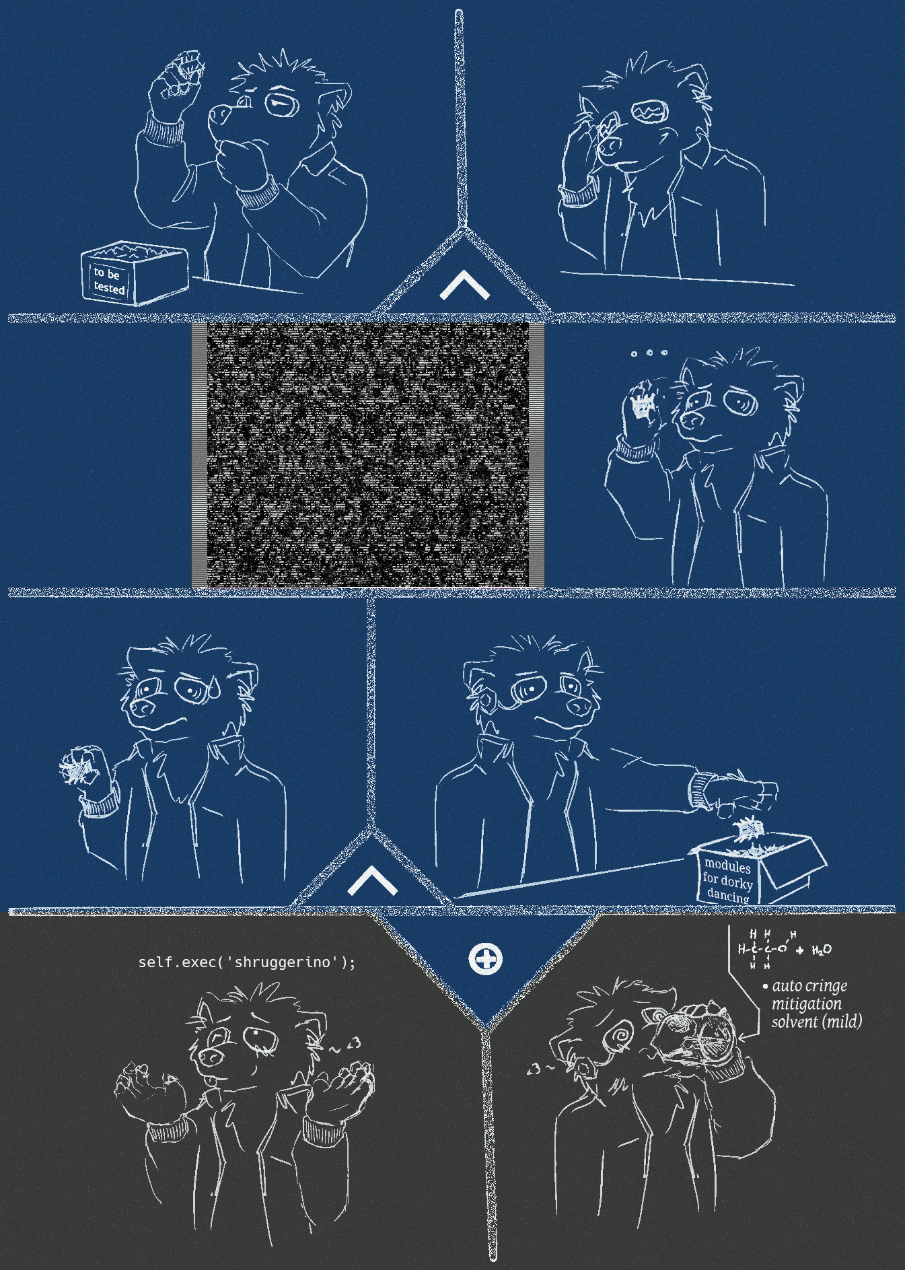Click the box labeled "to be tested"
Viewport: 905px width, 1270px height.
point(134,273)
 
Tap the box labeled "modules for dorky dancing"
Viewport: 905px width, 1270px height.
point(757,868)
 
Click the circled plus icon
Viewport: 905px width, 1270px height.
point(485,958)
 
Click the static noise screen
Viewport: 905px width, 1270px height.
point(368,454)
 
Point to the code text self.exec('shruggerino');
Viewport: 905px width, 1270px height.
point(246,962)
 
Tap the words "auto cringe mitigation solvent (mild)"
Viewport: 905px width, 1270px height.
point(816,1003)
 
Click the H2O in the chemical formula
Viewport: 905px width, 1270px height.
point(822,950)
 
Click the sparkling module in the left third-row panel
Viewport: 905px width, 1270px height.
point(75,768)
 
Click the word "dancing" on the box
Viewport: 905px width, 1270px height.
point(728,895)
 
